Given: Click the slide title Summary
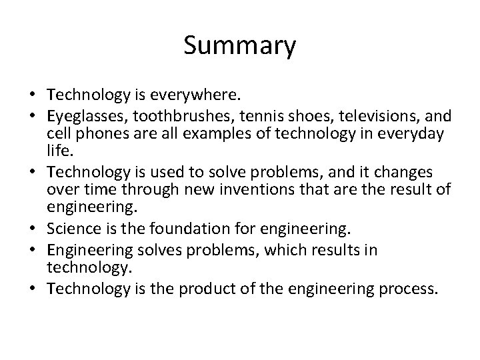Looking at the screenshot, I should tap(239, 47).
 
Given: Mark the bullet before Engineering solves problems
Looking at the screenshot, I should tap(32, 250).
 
